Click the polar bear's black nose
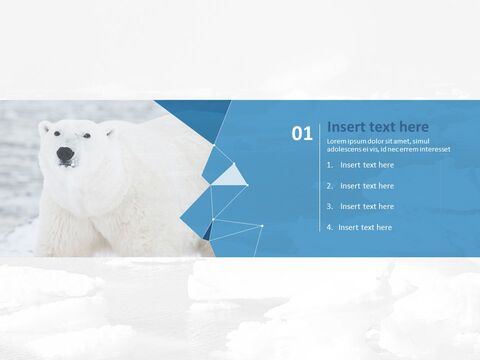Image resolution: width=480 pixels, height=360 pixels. (64, 155)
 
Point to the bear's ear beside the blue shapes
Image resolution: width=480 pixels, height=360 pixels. (108, 130)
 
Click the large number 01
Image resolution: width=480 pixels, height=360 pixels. (301, 133)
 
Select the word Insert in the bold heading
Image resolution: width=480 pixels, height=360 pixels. (345, 127)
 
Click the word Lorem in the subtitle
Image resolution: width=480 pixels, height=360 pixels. (337, 141)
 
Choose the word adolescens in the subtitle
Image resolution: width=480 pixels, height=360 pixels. (346, 149)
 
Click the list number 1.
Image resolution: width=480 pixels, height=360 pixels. (330, 165)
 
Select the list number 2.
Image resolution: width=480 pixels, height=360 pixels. (330, 186)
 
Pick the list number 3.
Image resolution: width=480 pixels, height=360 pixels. (330, 206)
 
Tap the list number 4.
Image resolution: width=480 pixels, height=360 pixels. (330, 227)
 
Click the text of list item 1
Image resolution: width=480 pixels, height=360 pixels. (367, 165)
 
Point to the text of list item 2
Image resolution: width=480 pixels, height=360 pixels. (367, 186)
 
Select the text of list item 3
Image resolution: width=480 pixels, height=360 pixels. (367, 206)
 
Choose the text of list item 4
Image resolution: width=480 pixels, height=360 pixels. (365, 227)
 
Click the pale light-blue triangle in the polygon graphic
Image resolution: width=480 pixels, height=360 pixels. (232, 176)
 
